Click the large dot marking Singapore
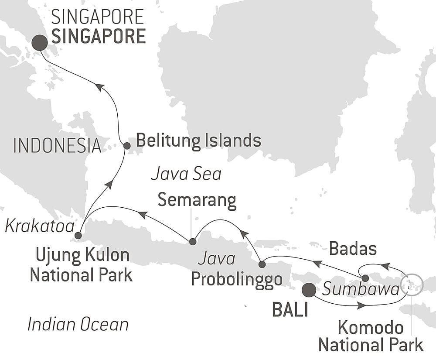click(x=39, y=43)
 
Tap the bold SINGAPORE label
click(x=99, y=37)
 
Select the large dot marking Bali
click(x=309, y=289)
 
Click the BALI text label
click(x=290, y=310)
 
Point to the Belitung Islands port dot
click(x=126, y=146)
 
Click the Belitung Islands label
click(x=198, y=141)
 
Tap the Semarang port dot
click(x=192, y=241)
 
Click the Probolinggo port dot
click(x=262, y=264)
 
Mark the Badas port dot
click(x=365, y=278)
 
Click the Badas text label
click(x=353, y=249)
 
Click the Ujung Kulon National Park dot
click(x=78, y=236)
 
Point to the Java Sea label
click(x=186, y=175)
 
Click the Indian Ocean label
click(x=78, y=324)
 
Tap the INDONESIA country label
click(x=57, y=145)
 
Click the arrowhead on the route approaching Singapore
click(x=100, y=87)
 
